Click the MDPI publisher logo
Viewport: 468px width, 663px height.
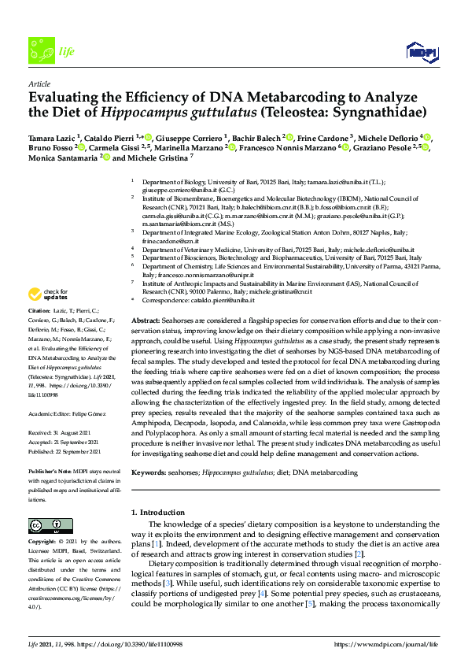click(x=422, y=53)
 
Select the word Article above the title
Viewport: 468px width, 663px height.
click(x=39, y=83)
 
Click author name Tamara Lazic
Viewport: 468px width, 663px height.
click(x=52, y=138)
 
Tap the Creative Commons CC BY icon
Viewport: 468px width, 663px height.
click(x=45, y=526)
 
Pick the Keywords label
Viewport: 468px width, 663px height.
click(x=149, y=472)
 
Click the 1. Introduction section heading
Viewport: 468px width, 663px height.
click(x=157, y=513)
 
